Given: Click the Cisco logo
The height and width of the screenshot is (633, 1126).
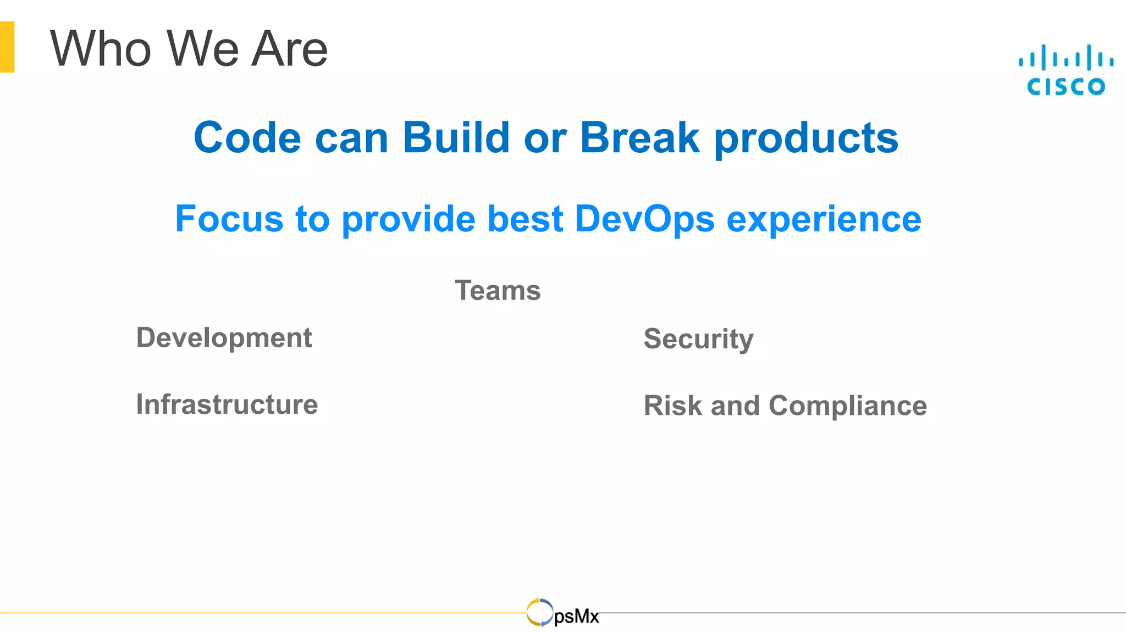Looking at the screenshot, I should pos(1066,70).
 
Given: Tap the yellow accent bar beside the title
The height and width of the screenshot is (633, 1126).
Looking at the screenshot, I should pos(7,47).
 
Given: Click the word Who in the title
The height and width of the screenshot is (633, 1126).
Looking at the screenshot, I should pos(101,49).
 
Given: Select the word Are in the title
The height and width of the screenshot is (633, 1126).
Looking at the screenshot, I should pos(289,49).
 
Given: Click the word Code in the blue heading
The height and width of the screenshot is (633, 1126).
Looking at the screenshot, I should pos(247,137).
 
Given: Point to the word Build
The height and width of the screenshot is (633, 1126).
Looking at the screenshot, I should pos(456,137).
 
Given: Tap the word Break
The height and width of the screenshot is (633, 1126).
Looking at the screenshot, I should pos(639,137).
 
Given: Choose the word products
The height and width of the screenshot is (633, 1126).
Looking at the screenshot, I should pos(806,138).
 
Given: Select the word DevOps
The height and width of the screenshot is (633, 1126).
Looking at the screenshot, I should pos(644,219).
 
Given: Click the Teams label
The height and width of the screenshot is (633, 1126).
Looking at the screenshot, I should pos(498,290).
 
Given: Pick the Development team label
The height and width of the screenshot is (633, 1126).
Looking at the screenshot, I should pos(224,338).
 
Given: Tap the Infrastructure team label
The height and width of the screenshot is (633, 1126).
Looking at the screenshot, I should pos(227,404).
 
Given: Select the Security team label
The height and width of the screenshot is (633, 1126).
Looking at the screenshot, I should pos(698,339).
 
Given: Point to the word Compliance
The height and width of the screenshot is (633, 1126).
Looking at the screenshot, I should pos(847,407).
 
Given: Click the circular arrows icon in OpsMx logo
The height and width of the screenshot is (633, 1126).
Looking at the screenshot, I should pos(539,612).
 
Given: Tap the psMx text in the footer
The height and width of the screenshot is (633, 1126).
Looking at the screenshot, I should pos(576,617).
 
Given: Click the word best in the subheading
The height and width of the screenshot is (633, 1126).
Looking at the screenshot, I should pos(525,219).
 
